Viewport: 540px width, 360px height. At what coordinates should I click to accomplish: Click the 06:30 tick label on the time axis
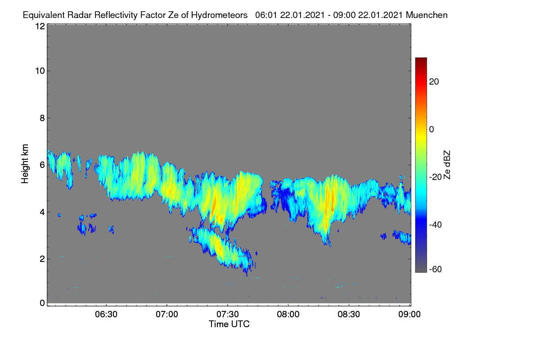click(106, 314)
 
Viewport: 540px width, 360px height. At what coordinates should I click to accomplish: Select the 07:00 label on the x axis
click(167, 314)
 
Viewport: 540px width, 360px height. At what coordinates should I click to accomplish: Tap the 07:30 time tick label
click(228, 314)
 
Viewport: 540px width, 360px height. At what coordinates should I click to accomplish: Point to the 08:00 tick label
click(288, 314)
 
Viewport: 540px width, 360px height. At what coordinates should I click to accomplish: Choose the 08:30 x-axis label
click(349, 314)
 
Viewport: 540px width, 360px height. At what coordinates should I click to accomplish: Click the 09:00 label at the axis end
click(409, 314)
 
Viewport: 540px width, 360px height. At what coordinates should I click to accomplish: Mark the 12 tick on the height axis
click(40, 26)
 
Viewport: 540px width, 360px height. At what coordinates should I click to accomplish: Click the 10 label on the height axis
click(40, 71)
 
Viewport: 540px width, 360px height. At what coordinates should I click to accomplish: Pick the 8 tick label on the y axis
click(42, 118)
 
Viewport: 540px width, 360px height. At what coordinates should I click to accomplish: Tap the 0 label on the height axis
click(42, 303)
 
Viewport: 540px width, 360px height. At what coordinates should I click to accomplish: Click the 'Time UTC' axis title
click(229, 324)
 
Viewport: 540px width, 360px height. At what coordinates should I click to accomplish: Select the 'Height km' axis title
click(25, 164)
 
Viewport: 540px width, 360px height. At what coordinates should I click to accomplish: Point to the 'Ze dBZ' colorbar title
click(447, 165)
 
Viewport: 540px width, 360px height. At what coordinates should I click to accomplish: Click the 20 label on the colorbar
click(434, 82)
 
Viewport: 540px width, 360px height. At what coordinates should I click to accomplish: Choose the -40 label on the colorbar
click(436, 225)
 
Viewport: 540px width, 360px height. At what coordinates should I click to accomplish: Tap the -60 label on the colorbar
click(436, 270)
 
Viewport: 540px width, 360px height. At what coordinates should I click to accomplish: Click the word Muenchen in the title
click(427, 15)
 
